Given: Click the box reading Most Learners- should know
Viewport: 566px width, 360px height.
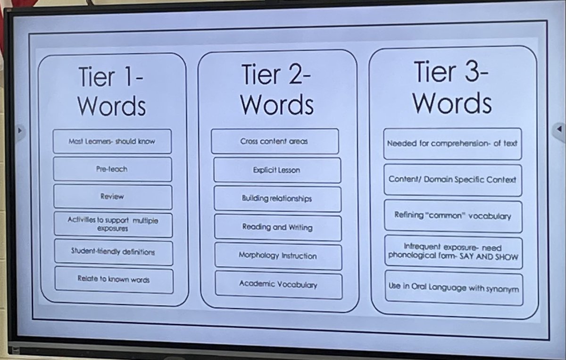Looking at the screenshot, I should click(112, 141).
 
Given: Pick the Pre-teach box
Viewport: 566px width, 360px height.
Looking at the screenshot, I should click(112, 168).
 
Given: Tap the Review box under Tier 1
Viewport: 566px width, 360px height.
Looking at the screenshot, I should click(112, 196).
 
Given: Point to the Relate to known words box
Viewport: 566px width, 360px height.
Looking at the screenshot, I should click(114, 279).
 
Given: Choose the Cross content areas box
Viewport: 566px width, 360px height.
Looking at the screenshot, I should click(275, 142).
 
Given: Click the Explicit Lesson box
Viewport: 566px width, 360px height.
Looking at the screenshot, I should click(276, 170).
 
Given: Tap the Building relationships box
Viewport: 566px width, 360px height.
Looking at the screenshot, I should click(277, 199).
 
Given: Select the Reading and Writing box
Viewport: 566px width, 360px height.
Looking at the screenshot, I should click(277, 227).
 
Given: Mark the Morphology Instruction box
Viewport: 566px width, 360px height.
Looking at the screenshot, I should click(278, 256).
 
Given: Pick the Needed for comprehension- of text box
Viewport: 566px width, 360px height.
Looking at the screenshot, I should click(452, 143).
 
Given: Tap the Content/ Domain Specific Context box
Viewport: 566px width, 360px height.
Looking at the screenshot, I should click(452, 179).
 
